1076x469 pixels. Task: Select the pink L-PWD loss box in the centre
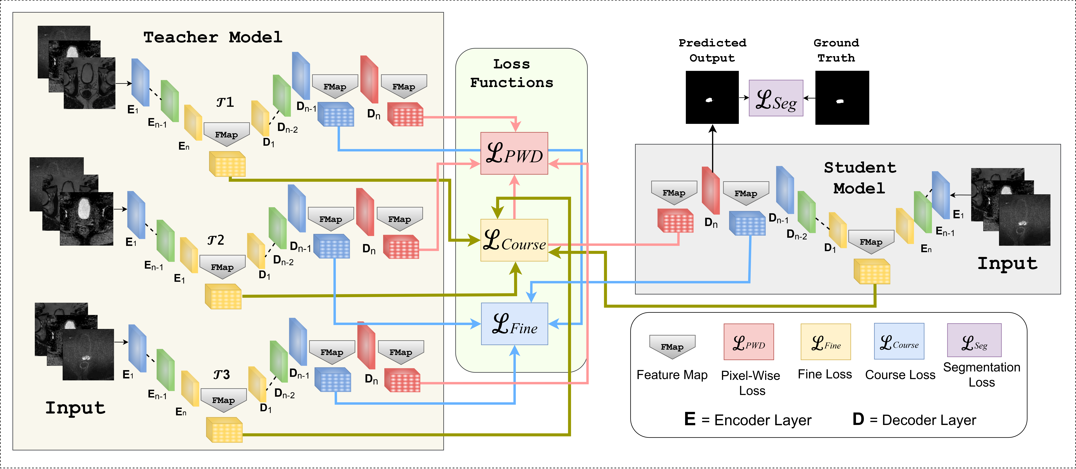[514, 153]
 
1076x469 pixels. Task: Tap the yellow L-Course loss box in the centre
[514, 240]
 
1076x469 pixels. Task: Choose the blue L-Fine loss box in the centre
[514, 324]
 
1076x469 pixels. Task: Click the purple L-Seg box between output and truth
[776, 98]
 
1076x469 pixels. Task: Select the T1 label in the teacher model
[225, 102]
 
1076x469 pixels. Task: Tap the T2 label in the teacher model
[216, 240]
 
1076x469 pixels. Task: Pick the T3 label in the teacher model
[221, 375]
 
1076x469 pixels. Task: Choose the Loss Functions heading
[512, 73]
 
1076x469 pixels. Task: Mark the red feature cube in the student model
[675, 221]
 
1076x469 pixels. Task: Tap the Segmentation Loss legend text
[982, 375]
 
